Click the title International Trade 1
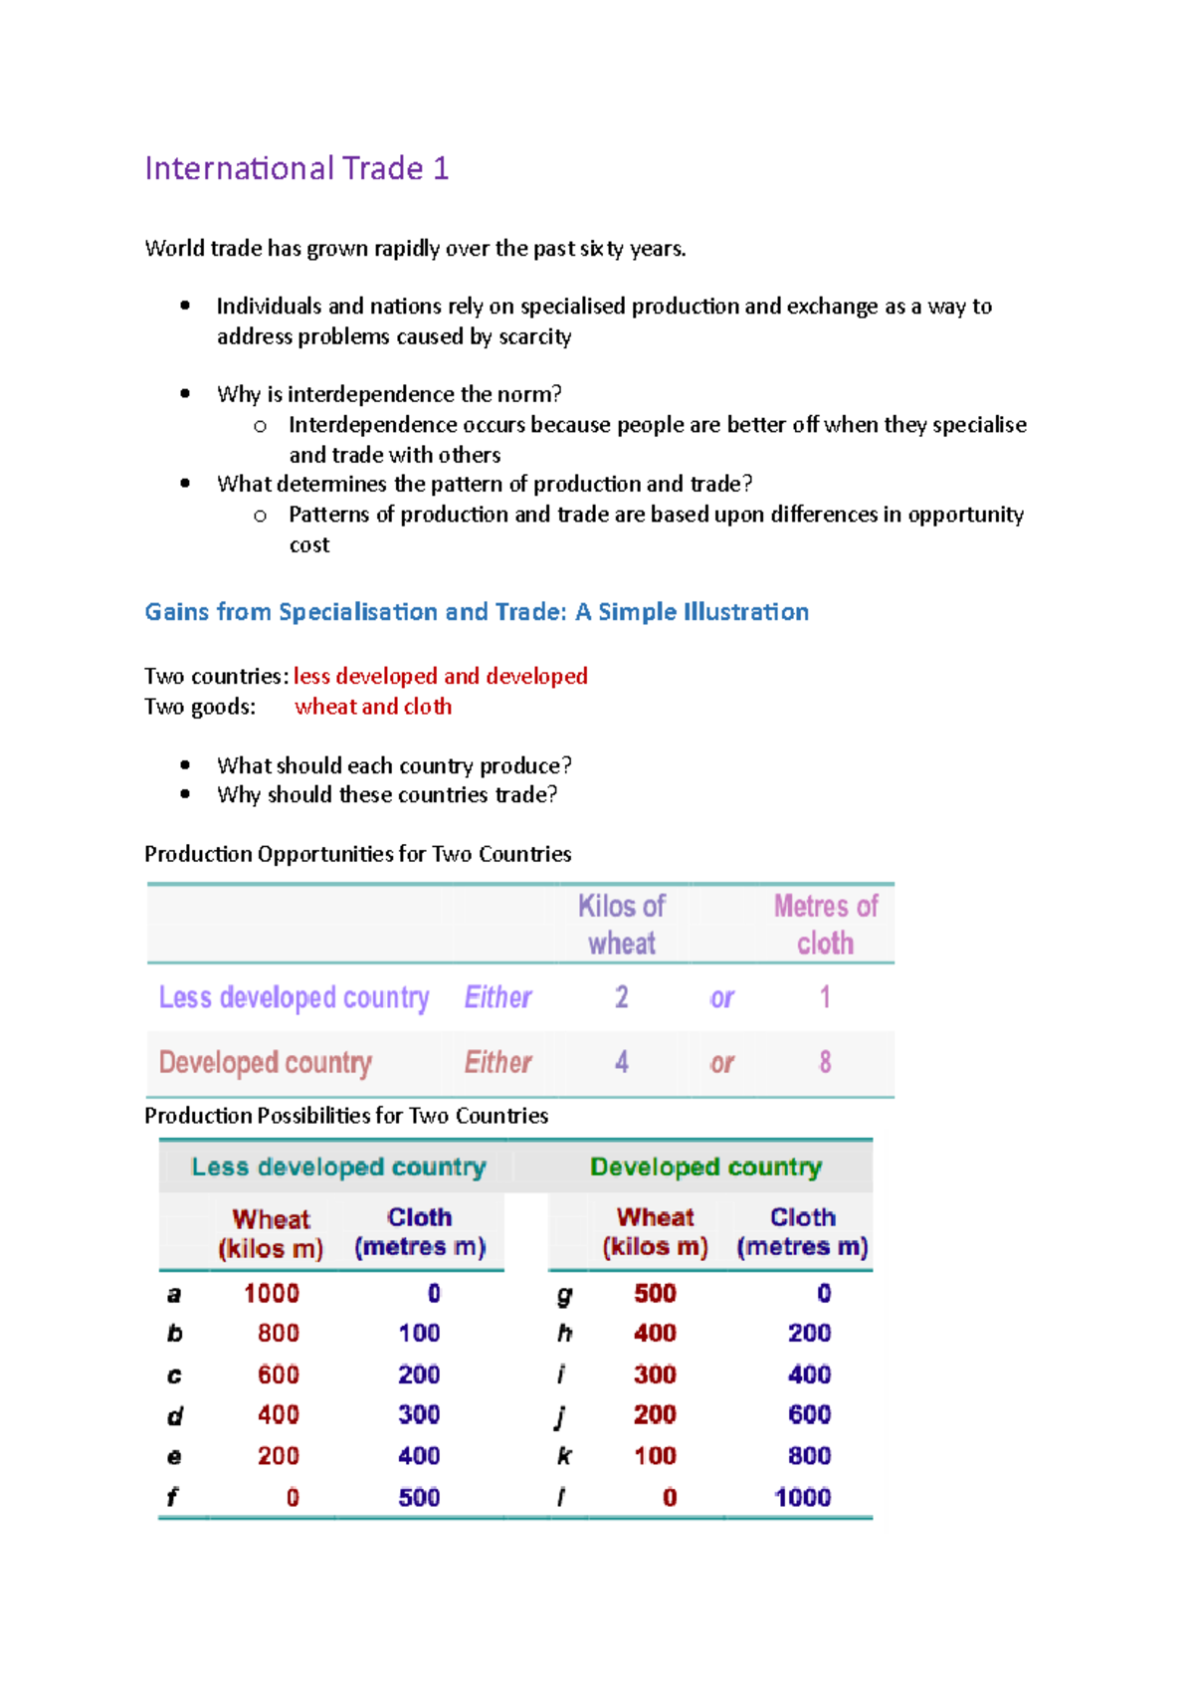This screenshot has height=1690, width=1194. pos(297,168)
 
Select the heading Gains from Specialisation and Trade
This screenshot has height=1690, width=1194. pos(477,611)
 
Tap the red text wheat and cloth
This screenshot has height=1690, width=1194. pos(373,707)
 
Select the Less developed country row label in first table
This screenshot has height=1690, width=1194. pos(294,997)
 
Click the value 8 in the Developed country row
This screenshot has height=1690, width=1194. pos(825,1062)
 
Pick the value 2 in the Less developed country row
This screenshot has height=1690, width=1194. pos(621,997)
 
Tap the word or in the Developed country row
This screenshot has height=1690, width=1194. pos(721,1063)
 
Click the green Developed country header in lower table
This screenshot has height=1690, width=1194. pos(705,1166)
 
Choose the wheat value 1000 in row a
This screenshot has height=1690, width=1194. pos(271,1293)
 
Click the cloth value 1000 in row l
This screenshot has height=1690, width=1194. pos(802,1497)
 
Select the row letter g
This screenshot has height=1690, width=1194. pos(564,1294)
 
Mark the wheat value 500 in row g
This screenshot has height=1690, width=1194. pos(655,1293)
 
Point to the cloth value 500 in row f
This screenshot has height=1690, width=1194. pos(419,1497)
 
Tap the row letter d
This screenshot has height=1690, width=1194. pos(174,1415)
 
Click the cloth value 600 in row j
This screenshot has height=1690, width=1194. pos(809,1414)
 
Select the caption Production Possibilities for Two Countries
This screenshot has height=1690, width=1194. pos(345,1116)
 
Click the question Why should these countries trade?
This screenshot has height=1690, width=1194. pos(387,794)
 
